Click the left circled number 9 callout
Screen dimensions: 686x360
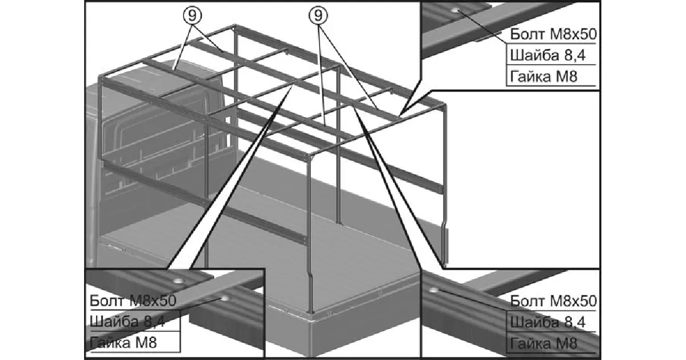(192, 15)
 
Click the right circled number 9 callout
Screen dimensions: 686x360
(318, 15)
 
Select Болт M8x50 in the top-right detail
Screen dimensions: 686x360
(553, 34)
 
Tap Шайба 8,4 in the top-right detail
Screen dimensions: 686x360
(548, 55)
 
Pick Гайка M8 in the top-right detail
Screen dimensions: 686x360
(544, 76)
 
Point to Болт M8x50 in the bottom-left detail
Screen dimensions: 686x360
(133, 301)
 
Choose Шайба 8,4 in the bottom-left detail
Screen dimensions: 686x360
(127, 322)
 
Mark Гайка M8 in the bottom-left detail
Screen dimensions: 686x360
(123, 342)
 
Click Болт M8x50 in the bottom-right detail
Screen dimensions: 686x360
(553, 301)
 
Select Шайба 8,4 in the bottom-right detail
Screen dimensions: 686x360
(548, 322)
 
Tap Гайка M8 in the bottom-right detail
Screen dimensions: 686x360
(544, 343)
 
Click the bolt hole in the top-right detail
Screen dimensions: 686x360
(456, 10)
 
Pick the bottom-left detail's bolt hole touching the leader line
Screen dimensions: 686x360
(225, 298)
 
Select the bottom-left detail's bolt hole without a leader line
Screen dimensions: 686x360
(178, 281)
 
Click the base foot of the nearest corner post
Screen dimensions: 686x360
(310, 311)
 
